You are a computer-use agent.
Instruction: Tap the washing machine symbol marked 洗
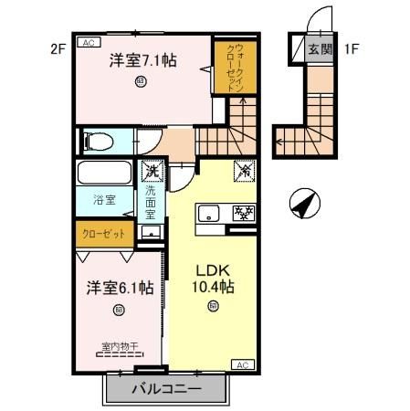pos(151,169)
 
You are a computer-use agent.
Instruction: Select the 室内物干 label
pos(118,347)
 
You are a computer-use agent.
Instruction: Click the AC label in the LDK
pos(243,364)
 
